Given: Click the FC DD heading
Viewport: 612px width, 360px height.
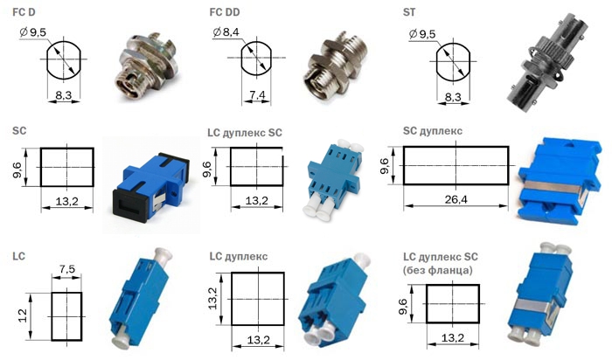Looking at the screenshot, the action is tap(225, 12).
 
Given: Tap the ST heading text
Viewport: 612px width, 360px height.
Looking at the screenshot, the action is tap(409, 12).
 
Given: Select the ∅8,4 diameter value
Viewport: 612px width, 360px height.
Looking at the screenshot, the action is tap(226, 32).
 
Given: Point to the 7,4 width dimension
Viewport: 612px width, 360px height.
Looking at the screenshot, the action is tap(257, 94).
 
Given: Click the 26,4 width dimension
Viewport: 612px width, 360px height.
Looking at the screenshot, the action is tap(456, 200).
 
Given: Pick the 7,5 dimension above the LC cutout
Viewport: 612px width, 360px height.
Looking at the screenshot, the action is tap(67, 269).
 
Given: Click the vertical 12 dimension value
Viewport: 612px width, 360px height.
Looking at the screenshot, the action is tap(22, 315).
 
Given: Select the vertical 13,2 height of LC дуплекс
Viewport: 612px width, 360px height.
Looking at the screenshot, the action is tap(212, 298).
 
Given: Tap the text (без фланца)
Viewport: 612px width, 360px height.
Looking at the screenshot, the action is tap(437, 270).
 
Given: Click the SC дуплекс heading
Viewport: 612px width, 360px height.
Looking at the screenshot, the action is tap(433, 131).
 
